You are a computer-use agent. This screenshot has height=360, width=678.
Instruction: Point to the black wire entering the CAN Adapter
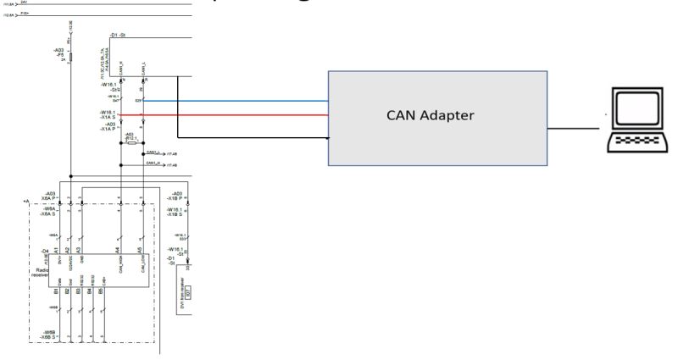coord(254,136)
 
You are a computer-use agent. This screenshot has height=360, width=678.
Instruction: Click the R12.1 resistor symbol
coord(131,143)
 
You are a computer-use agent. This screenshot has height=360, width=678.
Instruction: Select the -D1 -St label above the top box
coord(118,35)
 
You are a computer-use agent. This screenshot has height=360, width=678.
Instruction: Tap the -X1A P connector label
coord(107,128)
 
